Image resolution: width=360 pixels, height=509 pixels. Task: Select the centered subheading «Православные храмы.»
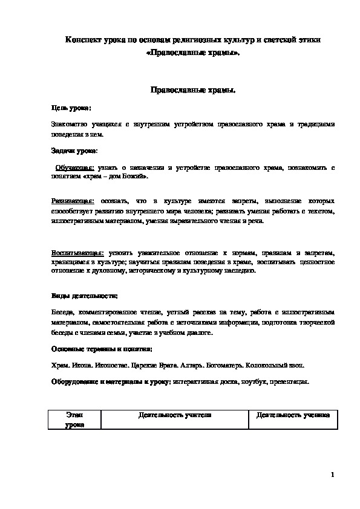point(192,89)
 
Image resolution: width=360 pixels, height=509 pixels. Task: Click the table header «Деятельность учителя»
point(175,416)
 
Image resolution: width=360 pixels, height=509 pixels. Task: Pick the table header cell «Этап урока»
point(75,420)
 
